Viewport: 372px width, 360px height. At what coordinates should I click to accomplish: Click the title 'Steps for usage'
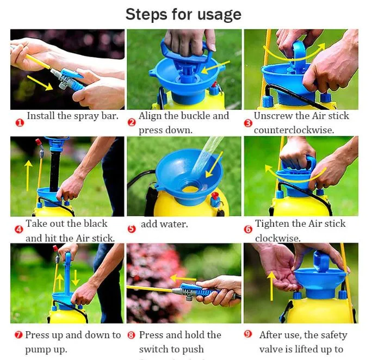coord(183,14)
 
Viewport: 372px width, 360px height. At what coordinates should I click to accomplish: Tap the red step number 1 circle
coord(19,123)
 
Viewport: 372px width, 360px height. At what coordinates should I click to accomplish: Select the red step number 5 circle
coord(132,228)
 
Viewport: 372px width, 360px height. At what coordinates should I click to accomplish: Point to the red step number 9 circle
coord(247,334)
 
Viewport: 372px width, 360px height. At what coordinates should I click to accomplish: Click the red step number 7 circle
coord(17,335)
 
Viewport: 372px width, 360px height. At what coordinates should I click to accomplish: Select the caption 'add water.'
coord(164,224)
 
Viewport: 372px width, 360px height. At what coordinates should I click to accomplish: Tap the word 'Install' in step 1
coord(41,116)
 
